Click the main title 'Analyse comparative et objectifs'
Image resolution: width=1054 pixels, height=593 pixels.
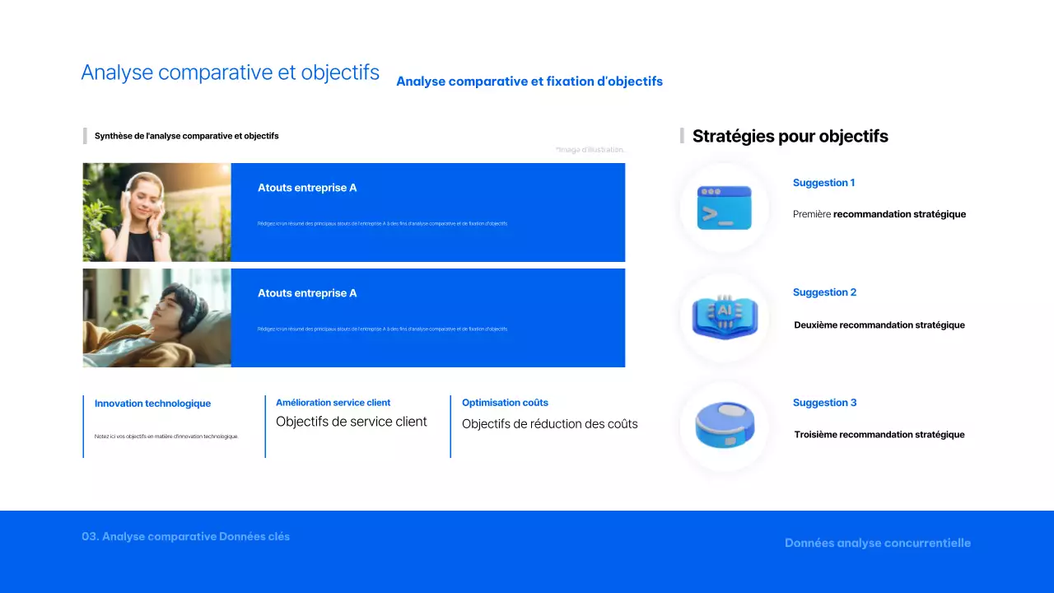tap(230, 72)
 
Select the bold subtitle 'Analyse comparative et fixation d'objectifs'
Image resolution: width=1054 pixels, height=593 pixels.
tap(529, 82)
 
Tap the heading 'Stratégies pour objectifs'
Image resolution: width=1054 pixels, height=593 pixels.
tap(790, 137)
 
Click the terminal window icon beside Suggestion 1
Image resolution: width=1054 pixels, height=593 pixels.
tap(724, 208)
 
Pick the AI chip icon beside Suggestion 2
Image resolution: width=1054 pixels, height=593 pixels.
tap(724, 317)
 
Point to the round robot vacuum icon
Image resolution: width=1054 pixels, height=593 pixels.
tap(724, 426)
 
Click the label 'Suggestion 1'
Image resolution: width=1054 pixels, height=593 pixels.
tap(823, 183)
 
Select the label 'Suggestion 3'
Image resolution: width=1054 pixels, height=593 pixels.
tap(824, 403)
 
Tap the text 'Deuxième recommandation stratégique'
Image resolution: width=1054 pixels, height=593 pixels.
tap(879, 325)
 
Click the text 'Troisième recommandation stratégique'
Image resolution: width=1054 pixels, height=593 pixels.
tap(879, 435)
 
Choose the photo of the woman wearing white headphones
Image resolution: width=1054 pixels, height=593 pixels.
tap(156, 212)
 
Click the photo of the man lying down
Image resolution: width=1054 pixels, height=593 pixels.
tap(156, 318)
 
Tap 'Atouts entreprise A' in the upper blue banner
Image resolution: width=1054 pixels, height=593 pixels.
tap(307, 188)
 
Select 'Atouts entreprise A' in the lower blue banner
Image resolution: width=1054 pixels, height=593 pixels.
tap(307, 293)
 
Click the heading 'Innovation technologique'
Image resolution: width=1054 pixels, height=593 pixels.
tap(152, 404)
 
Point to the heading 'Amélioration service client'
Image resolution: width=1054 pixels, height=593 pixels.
tap(333, 403)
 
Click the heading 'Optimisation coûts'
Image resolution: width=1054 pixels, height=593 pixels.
tap(505, 403)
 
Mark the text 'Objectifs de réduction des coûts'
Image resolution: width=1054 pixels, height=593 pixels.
tap(549, 424)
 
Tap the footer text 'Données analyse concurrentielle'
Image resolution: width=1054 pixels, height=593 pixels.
tap(877, 543)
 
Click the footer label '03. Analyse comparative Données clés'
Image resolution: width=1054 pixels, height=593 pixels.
tap(185, 536)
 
